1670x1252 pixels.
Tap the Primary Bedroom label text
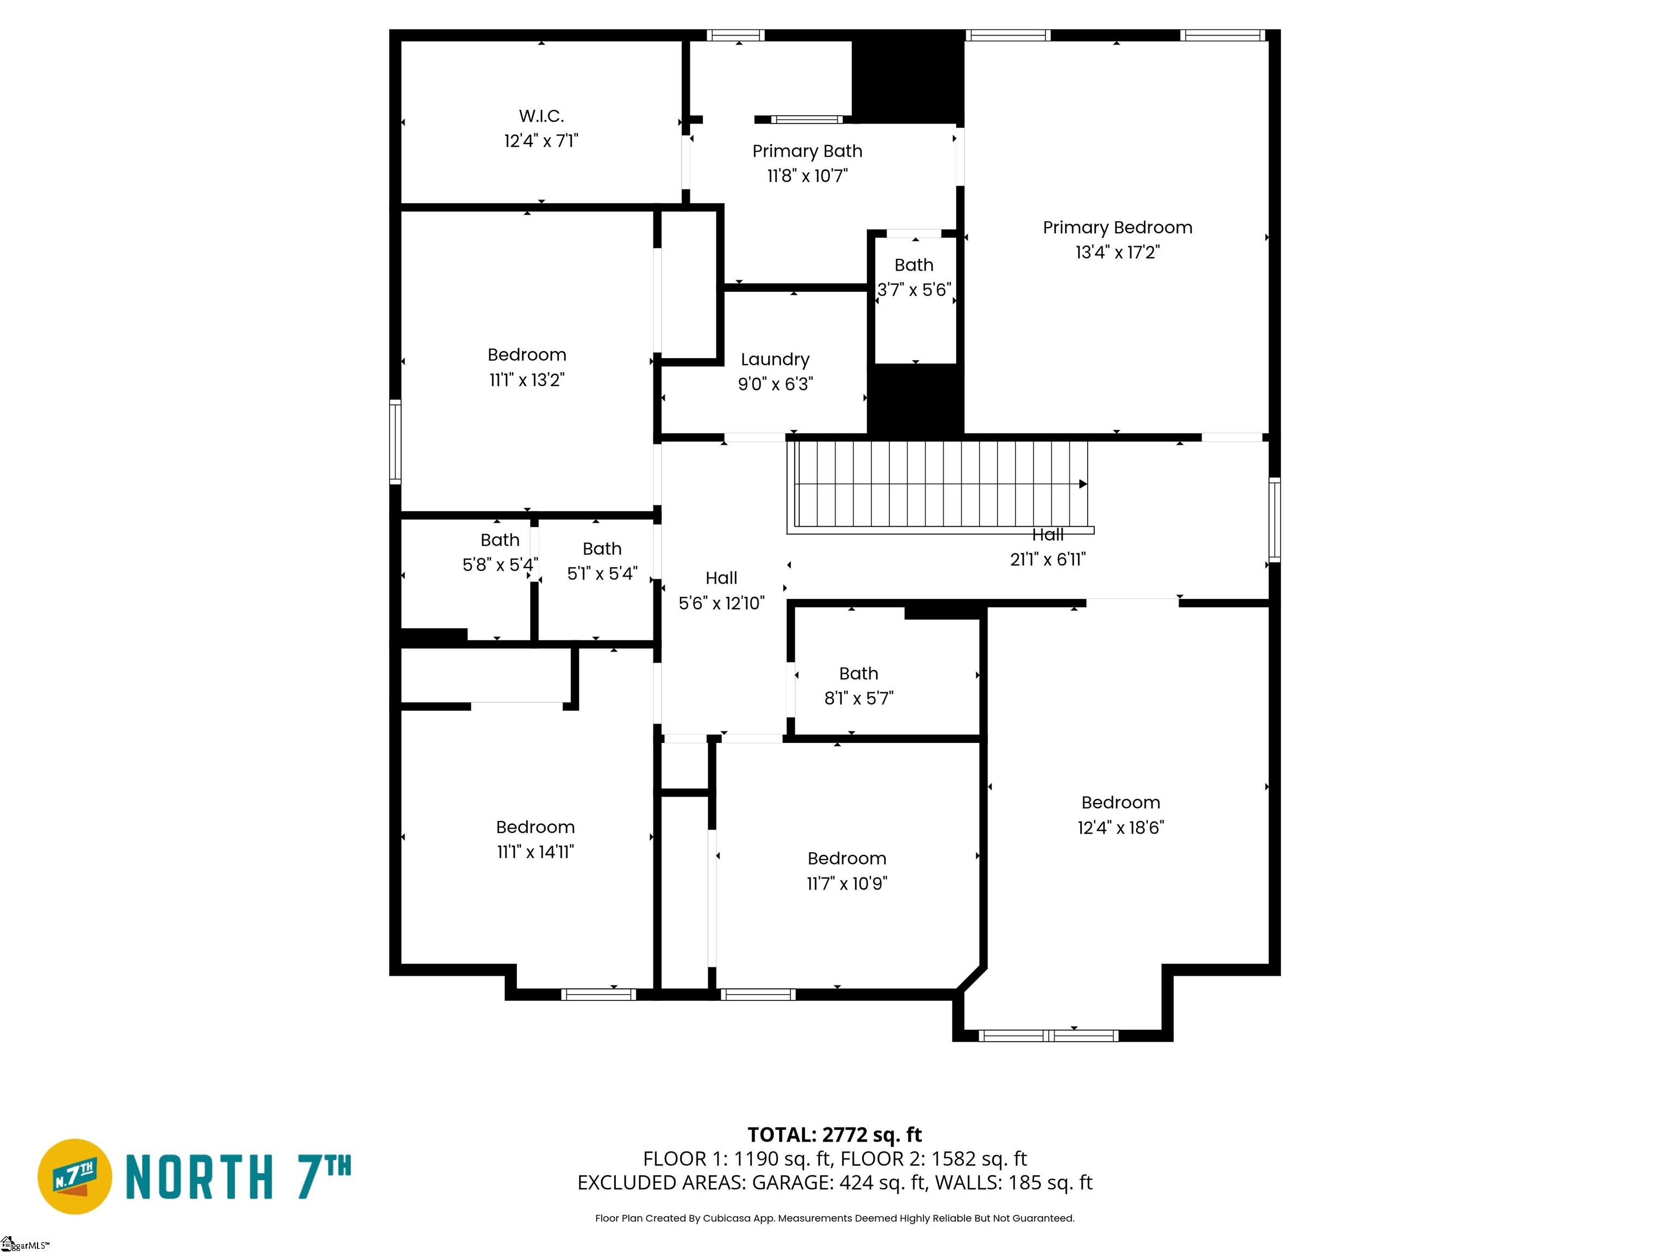[1117, 228]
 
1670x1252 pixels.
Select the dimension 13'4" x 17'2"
[1117, 253]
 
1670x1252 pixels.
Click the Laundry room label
[775, 359]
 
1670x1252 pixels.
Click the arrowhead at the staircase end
[1083, 484]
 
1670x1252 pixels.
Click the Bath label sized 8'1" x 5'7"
[858, 673]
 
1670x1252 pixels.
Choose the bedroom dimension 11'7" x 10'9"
[846, 884]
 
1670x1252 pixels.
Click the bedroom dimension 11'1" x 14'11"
[535, 852]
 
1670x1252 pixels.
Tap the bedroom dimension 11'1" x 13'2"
[526, 380]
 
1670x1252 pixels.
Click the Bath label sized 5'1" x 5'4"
[602, 549]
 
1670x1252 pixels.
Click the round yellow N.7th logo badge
[74, 1176]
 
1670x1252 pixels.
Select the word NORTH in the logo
[198, 1178]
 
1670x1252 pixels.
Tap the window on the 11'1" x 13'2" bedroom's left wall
[395, 441]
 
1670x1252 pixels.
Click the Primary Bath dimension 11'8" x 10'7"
[807, 176]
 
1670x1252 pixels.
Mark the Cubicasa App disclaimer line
[834, 1218]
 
